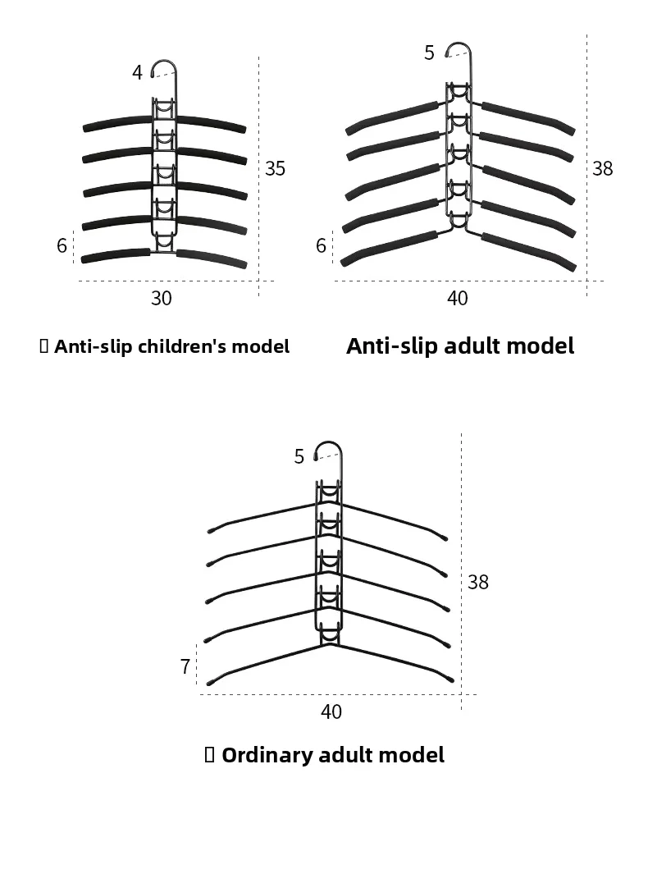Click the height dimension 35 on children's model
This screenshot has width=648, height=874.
pos(275,168)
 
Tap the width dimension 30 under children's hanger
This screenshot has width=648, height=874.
pos(162,298)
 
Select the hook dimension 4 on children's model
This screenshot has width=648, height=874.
pos(137,72)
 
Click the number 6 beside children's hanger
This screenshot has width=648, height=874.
pos(62,245)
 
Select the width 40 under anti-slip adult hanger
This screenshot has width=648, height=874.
pos(458,298)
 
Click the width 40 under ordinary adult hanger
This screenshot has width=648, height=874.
pos(331,712)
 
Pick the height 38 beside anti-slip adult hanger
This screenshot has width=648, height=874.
pos(602,168)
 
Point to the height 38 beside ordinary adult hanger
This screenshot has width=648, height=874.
pos(477,582)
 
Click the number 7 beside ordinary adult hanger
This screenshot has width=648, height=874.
pos(185,666)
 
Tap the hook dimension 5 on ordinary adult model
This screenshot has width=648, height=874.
pos(299,456)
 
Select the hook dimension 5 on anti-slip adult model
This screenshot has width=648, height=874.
pos(429,53)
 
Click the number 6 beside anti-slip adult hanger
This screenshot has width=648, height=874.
pos(321,245)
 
